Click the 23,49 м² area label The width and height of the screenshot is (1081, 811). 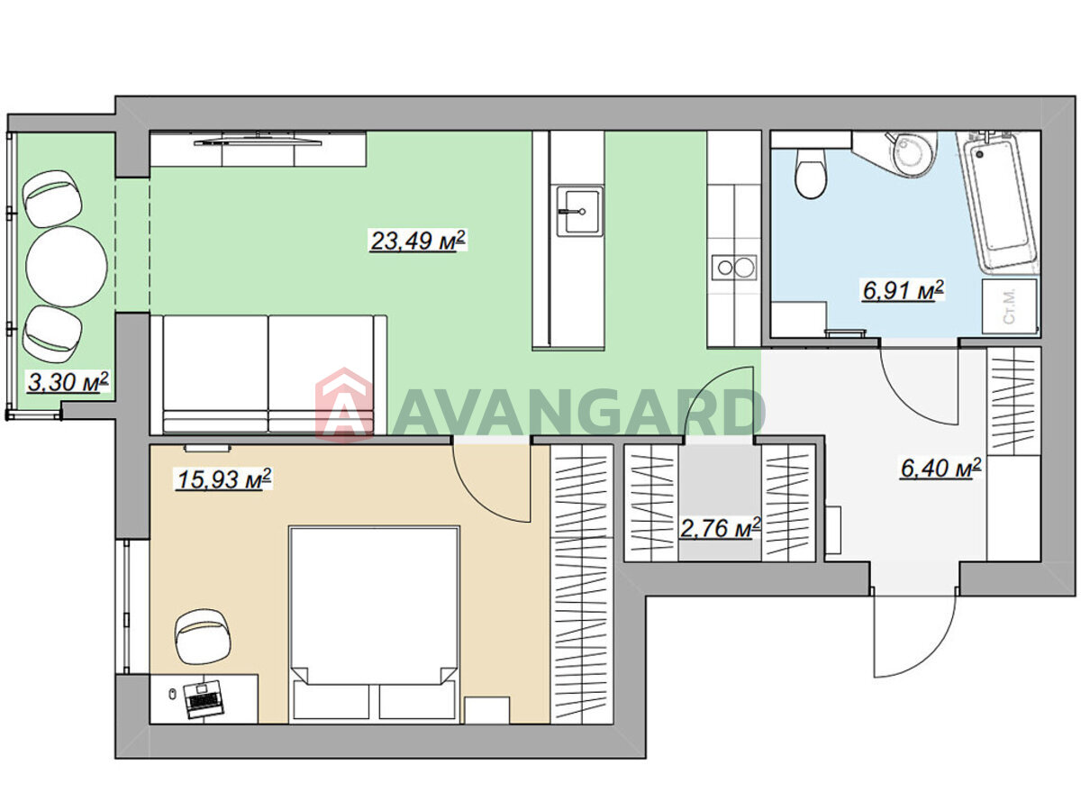[418, 241]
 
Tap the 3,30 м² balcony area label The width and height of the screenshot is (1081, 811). [68, 381]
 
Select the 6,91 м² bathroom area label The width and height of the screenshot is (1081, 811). [903, 290]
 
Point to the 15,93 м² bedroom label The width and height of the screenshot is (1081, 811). [224, 478]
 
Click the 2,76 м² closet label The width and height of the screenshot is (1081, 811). [720, 528]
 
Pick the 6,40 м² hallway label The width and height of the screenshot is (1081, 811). [940, 468]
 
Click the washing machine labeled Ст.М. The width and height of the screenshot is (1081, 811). [1009, 306]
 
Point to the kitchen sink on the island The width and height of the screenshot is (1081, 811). [579, 211]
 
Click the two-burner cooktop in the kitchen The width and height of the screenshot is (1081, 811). [734, 268]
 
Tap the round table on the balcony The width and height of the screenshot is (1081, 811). [66, 267]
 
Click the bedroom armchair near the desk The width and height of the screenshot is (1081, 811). [202, 636]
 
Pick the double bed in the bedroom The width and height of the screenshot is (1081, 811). [374, 624]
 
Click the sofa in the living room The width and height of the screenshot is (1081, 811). [268, 375]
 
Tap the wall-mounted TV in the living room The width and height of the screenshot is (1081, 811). [258, 141]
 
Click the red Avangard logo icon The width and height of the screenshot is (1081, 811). [344, 405]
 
